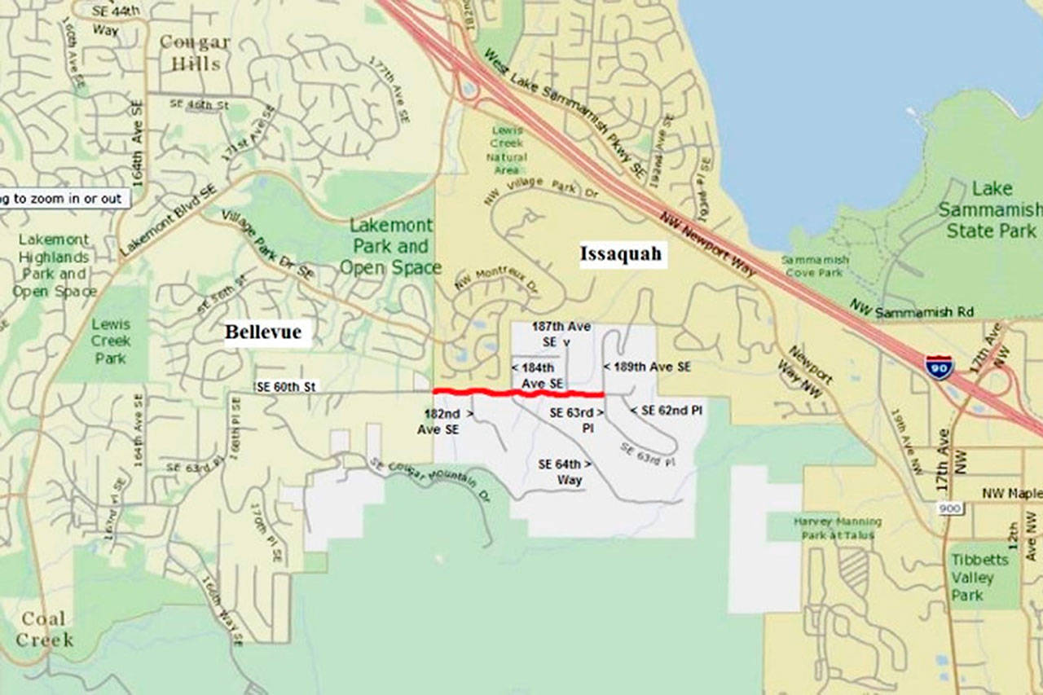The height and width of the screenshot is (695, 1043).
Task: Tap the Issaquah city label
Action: pos(622,254)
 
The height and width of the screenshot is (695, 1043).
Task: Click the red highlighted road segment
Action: pos(517,394)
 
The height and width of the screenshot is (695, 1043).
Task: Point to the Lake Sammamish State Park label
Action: pos(991,210)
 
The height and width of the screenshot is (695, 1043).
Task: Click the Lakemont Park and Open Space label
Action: pos(390,246)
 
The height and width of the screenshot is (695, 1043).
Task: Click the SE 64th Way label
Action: pos(565,472)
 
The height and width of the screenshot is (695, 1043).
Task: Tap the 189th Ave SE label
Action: pos(647,367)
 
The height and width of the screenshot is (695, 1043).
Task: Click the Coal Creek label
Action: pos(44,629)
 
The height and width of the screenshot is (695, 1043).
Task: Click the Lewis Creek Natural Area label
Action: pos(508,150)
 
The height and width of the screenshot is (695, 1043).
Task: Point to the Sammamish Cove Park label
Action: pos(815,266)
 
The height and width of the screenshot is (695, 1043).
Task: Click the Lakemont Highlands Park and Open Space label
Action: pos(54,265)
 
